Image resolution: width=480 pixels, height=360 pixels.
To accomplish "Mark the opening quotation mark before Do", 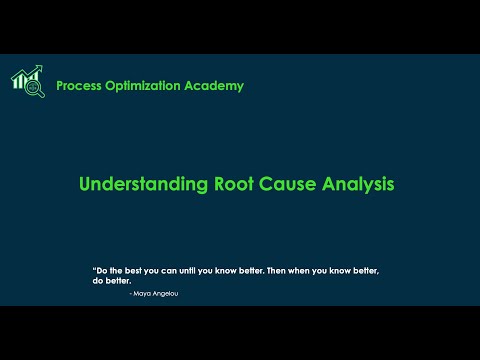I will pos(93,269).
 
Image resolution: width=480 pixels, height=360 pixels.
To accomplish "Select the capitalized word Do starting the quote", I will pos(101,271).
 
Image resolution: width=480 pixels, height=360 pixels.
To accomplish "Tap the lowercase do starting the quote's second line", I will pos(98,281).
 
